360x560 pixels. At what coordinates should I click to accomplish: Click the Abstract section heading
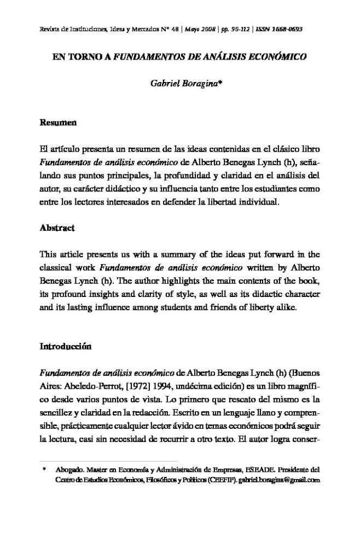(x=57, y=227)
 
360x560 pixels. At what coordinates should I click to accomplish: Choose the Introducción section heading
(x=66, y=346)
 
